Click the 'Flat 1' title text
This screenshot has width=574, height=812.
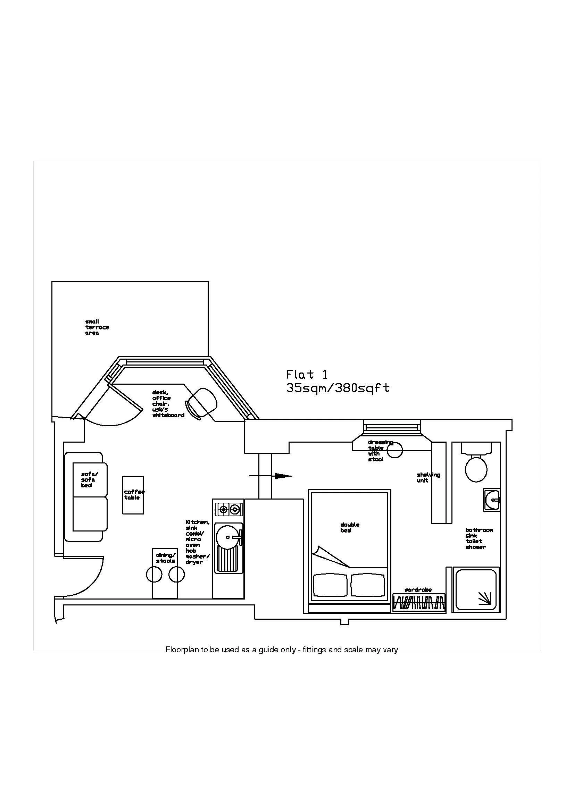307,374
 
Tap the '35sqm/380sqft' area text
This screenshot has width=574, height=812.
338,388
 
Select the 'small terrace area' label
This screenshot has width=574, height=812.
97,327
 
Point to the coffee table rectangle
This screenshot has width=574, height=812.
133,495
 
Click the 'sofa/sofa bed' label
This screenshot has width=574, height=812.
89,479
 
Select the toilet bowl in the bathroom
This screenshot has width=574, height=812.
476,469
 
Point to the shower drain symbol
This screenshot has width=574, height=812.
484,598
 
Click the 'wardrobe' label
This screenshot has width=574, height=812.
418,590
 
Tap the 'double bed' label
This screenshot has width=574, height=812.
349,527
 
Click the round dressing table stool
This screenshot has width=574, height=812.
395,450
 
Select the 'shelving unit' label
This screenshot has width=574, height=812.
428,477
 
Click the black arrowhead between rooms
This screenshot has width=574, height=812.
283,476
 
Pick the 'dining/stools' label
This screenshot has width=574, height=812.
166,558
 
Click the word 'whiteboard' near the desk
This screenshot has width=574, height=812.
168,415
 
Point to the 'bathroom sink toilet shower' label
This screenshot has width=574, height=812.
478,538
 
